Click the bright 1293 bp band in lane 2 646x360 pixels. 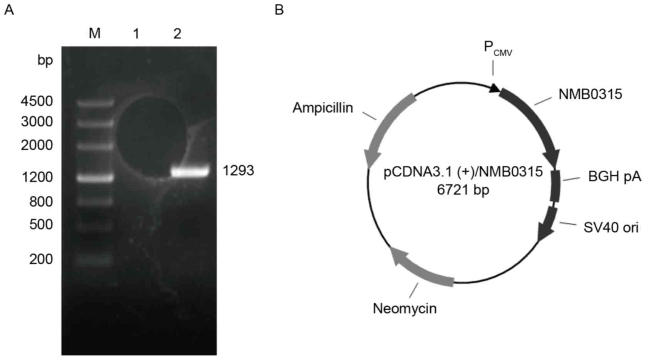[190, 171]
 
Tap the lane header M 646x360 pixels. [94, 34]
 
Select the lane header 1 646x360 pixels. [136, 34]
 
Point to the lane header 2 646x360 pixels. [177, 34]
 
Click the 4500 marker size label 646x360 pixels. [37, 101]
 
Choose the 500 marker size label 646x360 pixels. [41, 224]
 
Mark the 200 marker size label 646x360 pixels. [41, 259]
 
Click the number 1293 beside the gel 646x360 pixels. [238, 170]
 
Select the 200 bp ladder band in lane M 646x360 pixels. [95, 260]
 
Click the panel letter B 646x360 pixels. [279, 10]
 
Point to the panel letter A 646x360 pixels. [8, 10]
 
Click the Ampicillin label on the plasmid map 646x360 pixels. [323, 108]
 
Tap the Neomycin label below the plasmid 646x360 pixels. [404, 308]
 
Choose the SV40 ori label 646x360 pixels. [611, 227]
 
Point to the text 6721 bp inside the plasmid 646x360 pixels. [463, 189]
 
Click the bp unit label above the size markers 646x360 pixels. [45, 61]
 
